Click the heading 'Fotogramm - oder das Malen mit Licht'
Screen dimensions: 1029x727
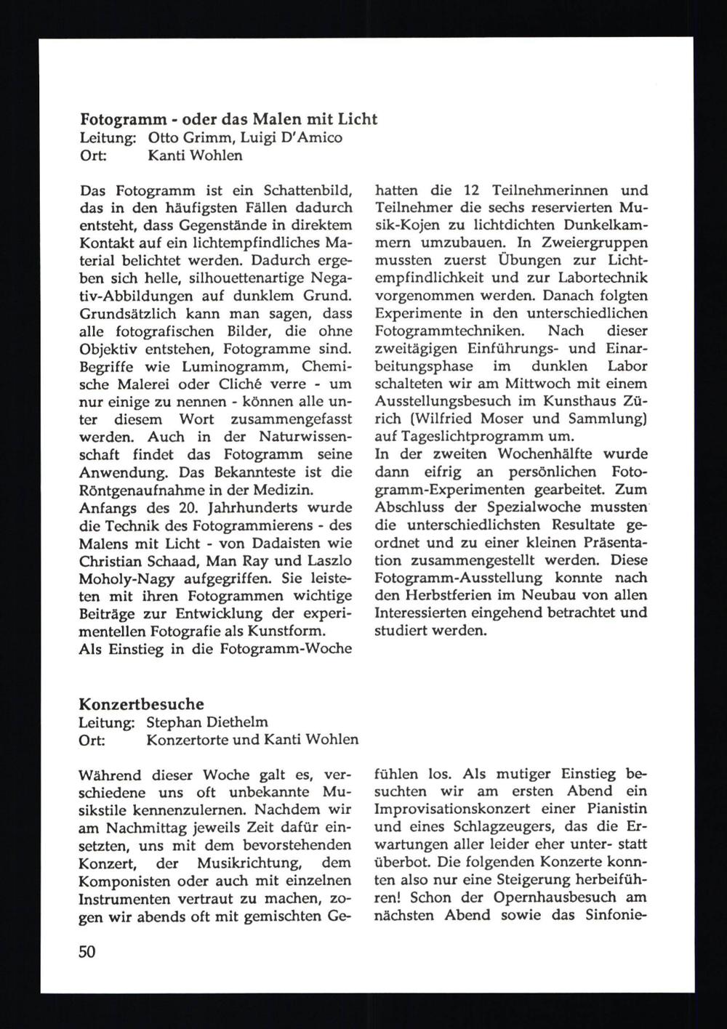228,118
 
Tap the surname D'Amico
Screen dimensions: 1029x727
313,137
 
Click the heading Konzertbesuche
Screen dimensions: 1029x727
141,704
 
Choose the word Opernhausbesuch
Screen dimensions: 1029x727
556,897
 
